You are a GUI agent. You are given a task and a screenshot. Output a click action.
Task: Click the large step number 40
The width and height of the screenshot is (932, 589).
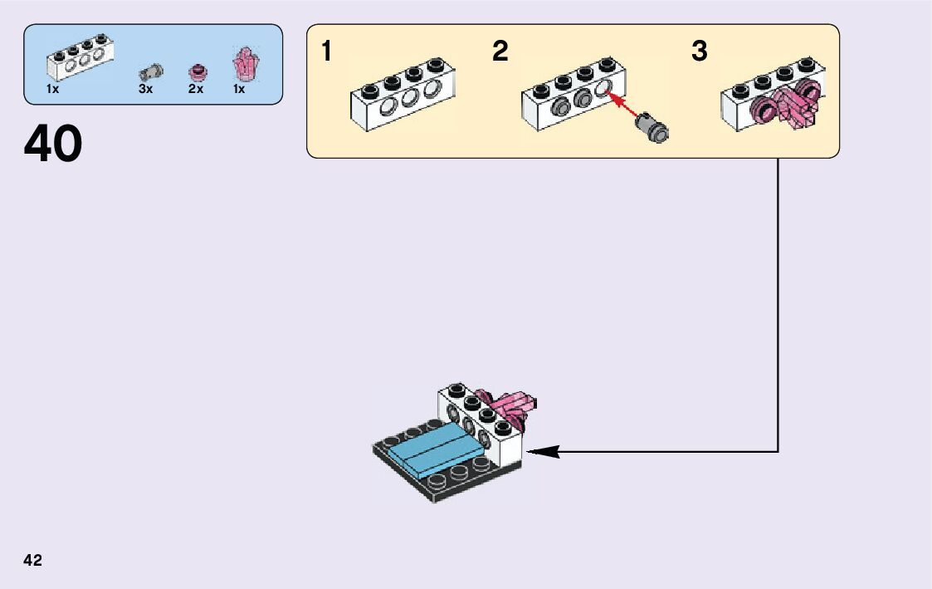click(x=53, y=144)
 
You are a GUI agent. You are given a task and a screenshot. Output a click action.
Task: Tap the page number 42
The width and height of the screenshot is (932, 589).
click(x=33, y=560)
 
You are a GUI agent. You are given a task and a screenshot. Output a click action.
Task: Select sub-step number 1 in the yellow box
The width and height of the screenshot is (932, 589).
click(x=327, y=52)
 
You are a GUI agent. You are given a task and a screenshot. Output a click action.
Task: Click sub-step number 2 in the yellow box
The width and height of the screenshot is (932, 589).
click(x=500, y=52)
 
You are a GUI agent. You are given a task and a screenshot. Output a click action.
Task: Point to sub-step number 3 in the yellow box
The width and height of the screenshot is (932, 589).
click(x=700, y=52)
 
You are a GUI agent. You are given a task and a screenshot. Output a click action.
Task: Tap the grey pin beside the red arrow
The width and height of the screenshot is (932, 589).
click(x=651, y=128)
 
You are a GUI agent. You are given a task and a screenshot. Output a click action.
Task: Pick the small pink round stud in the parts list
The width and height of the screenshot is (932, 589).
click(x=198, y=71)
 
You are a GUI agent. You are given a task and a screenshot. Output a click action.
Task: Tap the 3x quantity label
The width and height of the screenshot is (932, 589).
click(x=146, y=89)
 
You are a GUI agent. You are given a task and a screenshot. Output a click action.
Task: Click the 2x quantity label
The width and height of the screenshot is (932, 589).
click(x=196, y=89)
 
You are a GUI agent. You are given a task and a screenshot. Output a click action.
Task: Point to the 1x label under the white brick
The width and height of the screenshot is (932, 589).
click(x=52, y=89)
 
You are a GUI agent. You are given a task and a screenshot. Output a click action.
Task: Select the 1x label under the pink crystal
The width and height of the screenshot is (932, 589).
click(x=239, y=89)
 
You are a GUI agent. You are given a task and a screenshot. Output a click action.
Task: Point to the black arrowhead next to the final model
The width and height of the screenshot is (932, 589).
click(x=543, y=452)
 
